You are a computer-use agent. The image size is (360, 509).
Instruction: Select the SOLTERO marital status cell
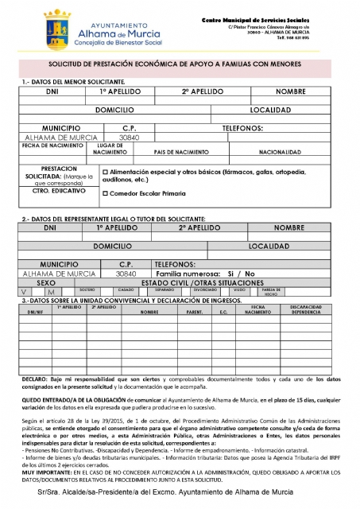click(x=87, y=290)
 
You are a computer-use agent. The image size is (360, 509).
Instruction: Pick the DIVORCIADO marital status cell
click(x=204, y=290)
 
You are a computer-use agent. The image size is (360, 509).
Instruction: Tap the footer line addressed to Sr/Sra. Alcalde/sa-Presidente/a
click(x=180, y=493)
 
